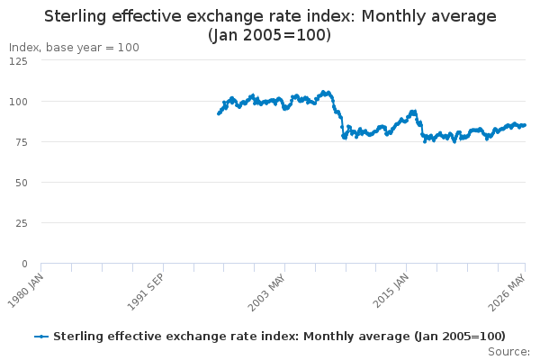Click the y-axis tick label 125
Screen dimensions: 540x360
(18, 61)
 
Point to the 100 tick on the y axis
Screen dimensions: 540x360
(18, 102)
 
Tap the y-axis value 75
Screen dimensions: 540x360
(21, 142)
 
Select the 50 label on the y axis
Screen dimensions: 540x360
(21, 183)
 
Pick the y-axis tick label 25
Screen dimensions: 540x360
(21, 223)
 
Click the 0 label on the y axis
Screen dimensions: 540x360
(24, 264)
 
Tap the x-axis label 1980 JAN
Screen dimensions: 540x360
(26, 291)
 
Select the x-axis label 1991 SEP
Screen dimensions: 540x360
(146, 292)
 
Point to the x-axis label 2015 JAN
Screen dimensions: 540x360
(391, 291)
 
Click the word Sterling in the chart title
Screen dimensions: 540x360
(76, 16)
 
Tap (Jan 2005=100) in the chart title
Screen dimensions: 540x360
(270, 35)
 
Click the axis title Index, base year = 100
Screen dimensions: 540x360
(74, 47)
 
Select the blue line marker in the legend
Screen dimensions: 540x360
(41, 337)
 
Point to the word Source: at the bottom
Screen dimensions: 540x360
(509, 352)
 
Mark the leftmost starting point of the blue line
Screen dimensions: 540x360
(219, 113)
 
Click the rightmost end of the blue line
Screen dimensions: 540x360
(525, 125)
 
